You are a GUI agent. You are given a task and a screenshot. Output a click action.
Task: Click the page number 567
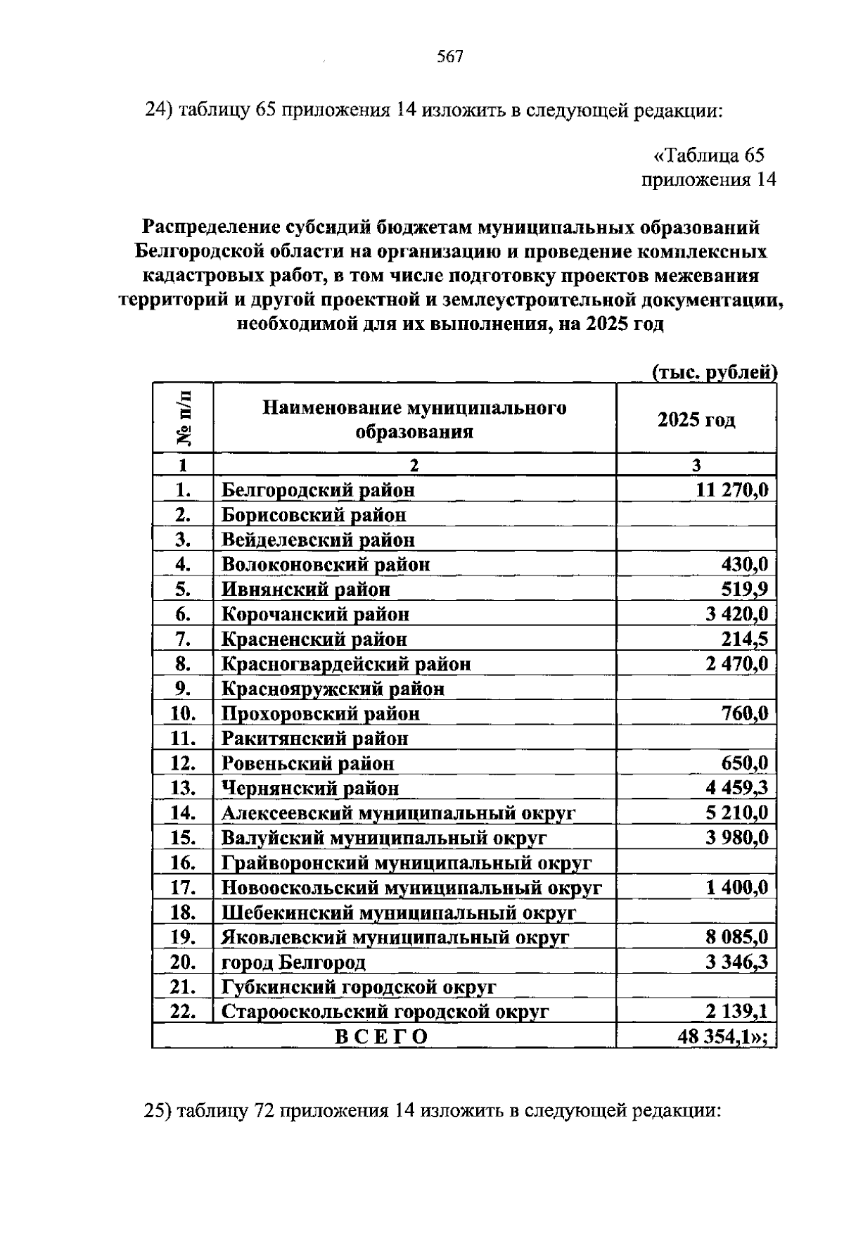450,57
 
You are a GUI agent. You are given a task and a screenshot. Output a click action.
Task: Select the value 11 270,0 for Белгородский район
731,490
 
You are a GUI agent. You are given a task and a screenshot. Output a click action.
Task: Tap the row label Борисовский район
314,515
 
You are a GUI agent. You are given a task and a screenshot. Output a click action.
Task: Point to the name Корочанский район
315,614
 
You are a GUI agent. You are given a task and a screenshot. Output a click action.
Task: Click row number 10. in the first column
183,713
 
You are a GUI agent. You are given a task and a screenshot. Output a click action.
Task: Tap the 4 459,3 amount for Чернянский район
736,788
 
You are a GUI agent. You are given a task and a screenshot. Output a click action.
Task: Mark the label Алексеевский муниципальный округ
398,813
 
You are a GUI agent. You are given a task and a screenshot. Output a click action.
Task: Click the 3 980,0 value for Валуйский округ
736,838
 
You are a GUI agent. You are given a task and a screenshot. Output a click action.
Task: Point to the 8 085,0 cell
736,937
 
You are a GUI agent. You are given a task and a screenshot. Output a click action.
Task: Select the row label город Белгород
293,962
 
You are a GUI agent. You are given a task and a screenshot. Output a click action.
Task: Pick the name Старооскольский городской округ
385,1012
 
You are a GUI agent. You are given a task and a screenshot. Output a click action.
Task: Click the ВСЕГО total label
381,1037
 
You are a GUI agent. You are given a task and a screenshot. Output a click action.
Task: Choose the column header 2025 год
696,420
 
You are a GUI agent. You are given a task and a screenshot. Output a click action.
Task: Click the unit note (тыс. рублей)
714,372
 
